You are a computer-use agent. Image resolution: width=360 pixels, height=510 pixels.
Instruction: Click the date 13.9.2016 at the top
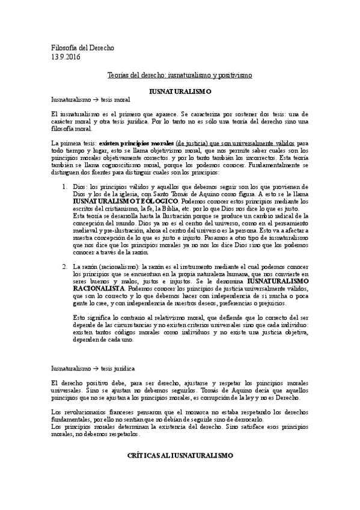tap(66, 57)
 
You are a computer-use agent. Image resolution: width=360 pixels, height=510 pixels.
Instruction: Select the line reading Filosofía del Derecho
tap(82, 48)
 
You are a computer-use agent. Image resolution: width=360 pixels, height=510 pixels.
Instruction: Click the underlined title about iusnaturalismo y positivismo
tap(180, 76)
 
